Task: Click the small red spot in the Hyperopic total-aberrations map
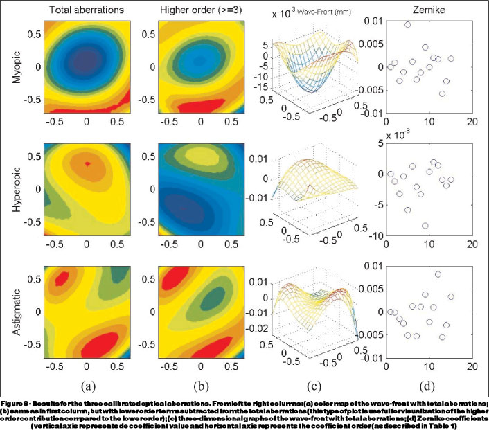pos(87,163)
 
